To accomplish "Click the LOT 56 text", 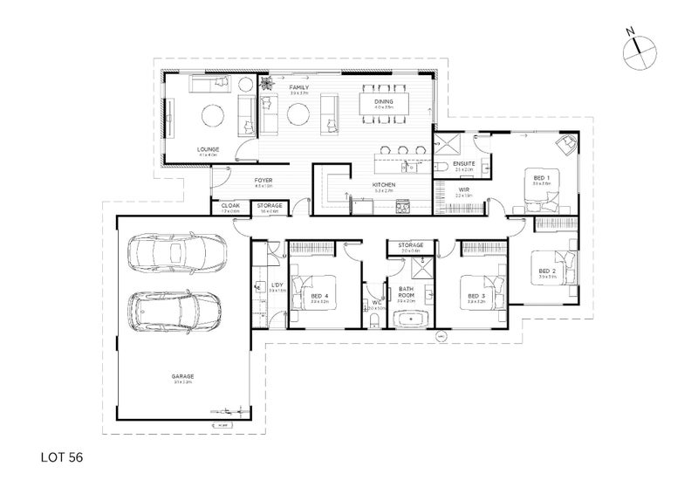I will click(61, 455).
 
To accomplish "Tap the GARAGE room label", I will click(182, 376).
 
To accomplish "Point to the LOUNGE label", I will click(208, 149).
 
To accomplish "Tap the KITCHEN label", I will click(384, 186).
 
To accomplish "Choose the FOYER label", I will click(263, 180).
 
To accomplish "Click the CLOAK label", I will click(229, 206).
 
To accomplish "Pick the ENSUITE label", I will click(464, 163).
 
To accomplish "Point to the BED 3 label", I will click(476, 296).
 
